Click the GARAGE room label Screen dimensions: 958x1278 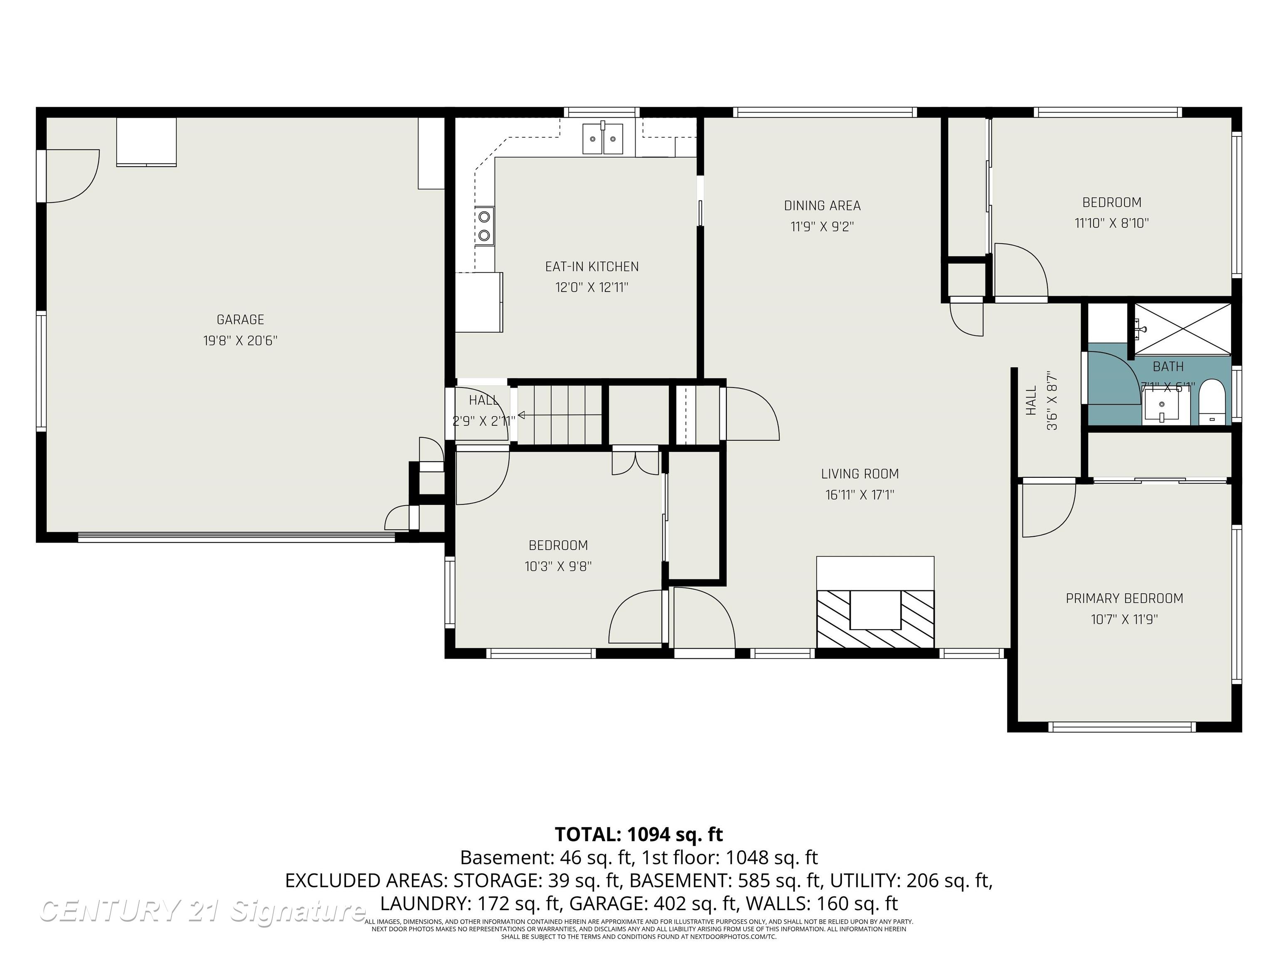tap(240, 319)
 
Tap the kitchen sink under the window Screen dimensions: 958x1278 tap(603, 138)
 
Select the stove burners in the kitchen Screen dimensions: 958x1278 tap(484, 226)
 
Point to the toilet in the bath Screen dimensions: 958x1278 tap(1211, 403)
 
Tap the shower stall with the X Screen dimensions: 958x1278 tap(1183, 328)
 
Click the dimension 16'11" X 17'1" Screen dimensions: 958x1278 tap(860, 495)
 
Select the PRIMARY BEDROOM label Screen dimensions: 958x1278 tap(1124, 598)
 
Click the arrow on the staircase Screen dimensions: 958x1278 tap(522, 415)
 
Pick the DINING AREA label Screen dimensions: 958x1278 tap(822, 205)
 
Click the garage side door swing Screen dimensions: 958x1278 tap(72, 176)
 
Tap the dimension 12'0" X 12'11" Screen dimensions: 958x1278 tap(592, 287)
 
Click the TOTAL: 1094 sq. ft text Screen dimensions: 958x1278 tap(639, 834)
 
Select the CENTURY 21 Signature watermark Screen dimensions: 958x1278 tap(202, 911)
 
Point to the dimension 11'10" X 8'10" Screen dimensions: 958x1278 tap(1112, 223)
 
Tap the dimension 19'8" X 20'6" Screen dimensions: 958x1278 tap(240, 340)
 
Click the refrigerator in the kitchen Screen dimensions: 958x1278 tap(478, 302)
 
